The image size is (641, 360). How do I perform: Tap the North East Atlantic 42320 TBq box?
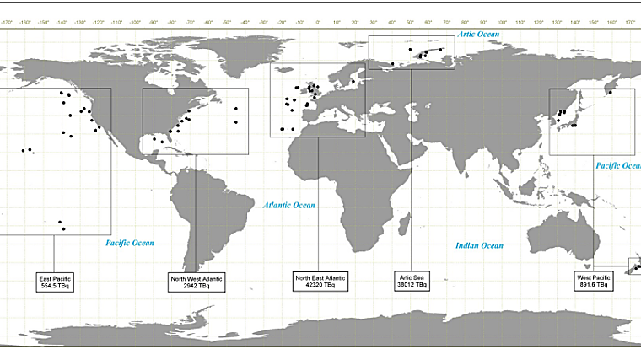click(x=320, y=281)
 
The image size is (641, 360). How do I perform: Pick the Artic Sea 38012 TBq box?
click(x=411, y=281)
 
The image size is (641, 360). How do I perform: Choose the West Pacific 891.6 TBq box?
click(x=595, y=281)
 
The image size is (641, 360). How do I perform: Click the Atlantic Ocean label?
click(x=289, y=205)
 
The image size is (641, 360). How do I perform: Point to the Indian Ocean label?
click(x=480, y=245)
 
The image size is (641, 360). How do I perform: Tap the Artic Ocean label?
click(x=478, y=35)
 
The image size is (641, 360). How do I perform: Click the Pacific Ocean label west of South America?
click(x=131, y=243)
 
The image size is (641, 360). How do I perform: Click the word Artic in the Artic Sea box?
click(x=404, y=277)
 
